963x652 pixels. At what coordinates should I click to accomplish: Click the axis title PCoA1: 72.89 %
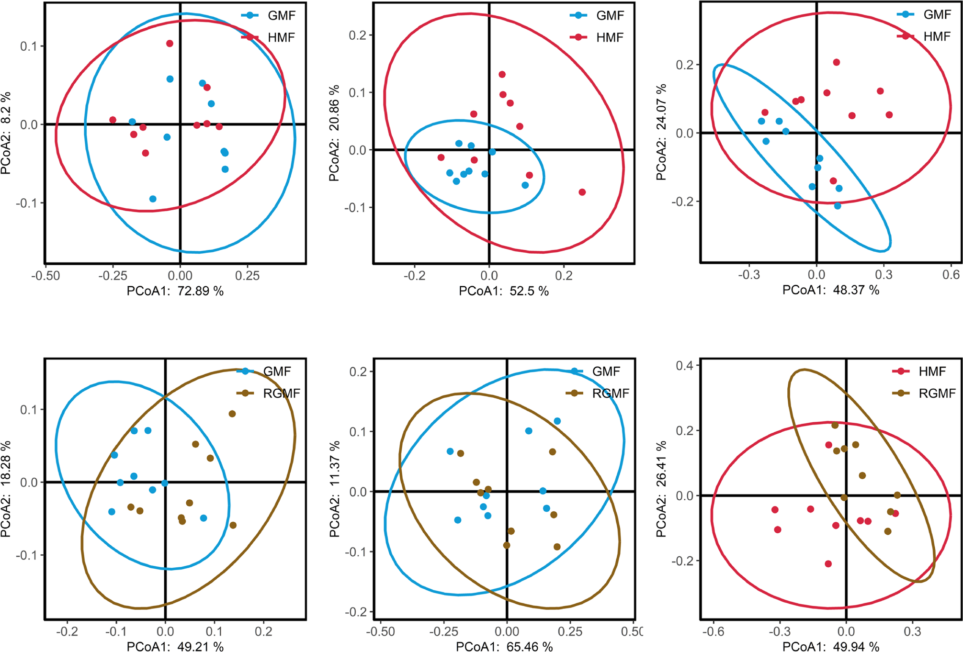point(175,291)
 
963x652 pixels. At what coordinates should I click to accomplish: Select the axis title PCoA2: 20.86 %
point(334,133)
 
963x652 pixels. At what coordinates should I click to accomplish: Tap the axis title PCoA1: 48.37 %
point(831,290)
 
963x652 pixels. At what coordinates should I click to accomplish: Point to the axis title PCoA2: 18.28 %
point(6,489)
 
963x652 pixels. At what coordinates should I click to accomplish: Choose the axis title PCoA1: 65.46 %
point(504,647)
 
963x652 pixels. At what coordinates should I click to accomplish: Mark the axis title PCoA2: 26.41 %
point(661,489)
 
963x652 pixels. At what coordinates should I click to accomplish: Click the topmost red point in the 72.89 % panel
point(170,44)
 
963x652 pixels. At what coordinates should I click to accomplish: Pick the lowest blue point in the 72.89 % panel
point(153,199)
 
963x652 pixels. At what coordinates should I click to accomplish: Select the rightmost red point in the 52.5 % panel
point(582,192)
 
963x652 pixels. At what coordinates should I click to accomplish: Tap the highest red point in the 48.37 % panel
point(836,62)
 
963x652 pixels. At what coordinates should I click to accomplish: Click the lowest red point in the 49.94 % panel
point(828,563)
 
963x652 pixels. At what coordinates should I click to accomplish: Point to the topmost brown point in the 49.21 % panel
point(232,414)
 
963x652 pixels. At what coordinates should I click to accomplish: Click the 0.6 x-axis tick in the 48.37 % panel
point(951,275)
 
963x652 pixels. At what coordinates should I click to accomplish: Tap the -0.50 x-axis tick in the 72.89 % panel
point(45,276)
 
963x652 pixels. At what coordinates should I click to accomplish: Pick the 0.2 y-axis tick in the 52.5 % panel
point(357,35)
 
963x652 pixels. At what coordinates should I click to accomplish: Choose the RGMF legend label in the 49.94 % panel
point(937,393)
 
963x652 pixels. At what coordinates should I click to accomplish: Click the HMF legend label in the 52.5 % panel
point(610,37)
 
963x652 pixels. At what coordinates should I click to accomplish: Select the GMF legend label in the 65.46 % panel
point(606,371)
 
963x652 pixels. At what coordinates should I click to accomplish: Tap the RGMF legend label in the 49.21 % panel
point(282,393)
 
